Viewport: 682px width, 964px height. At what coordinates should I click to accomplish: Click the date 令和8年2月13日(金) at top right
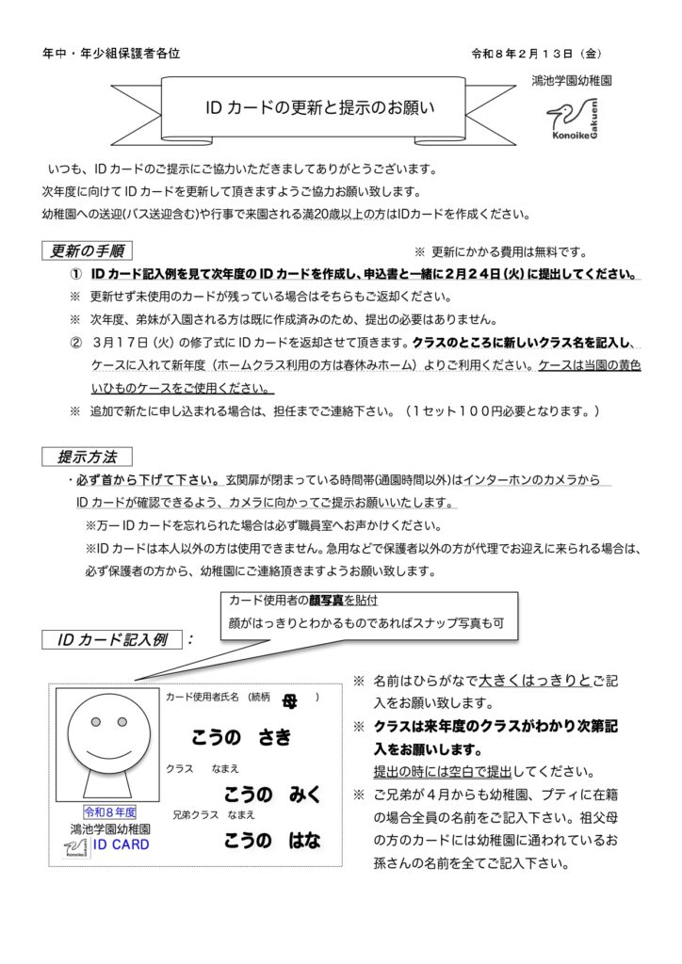[543, 54]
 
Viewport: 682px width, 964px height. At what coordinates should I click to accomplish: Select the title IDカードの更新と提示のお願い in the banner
[319, 106]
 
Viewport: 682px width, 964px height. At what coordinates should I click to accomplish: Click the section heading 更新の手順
[88, 251]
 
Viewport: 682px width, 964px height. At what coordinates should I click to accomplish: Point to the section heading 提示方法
[88, 458]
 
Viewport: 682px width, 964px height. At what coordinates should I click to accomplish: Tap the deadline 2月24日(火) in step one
[512, 275]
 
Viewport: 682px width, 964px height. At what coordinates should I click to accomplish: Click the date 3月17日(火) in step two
[137, 343]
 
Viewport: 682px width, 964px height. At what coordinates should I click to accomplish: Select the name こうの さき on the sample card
[242, 737]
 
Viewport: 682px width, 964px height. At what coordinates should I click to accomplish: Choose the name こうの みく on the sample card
[272, 793]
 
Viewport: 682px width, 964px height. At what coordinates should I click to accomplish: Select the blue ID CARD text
[121, 844]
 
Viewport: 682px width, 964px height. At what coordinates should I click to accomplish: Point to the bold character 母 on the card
[288, 698]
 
